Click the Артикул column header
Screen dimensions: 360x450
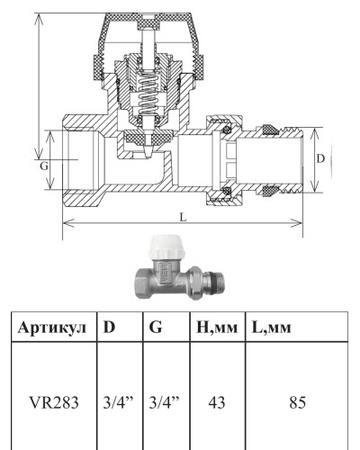pyautogui.click(x=52, y=328)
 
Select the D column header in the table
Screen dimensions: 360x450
pyautogui.click(x=109, y=327)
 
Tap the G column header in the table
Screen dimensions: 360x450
pyautogui.click(x=156, y=327)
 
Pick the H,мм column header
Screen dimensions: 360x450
pyautogui.click(x=217, y=328)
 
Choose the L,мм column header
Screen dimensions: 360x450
pyautogui.click(x=272, y=328)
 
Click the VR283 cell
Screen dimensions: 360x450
pyautogui.click(x=54, y=402)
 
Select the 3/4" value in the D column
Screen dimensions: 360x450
pyautogui.click(x=118, y=402)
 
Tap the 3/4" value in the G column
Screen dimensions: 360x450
pyautogui.click(x=164, y=402)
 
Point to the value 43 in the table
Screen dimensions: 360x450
pyautogui.click(x=217, y=402)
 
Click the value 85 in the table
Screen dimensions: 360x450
pyautogui.click(x=297, y=402)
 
